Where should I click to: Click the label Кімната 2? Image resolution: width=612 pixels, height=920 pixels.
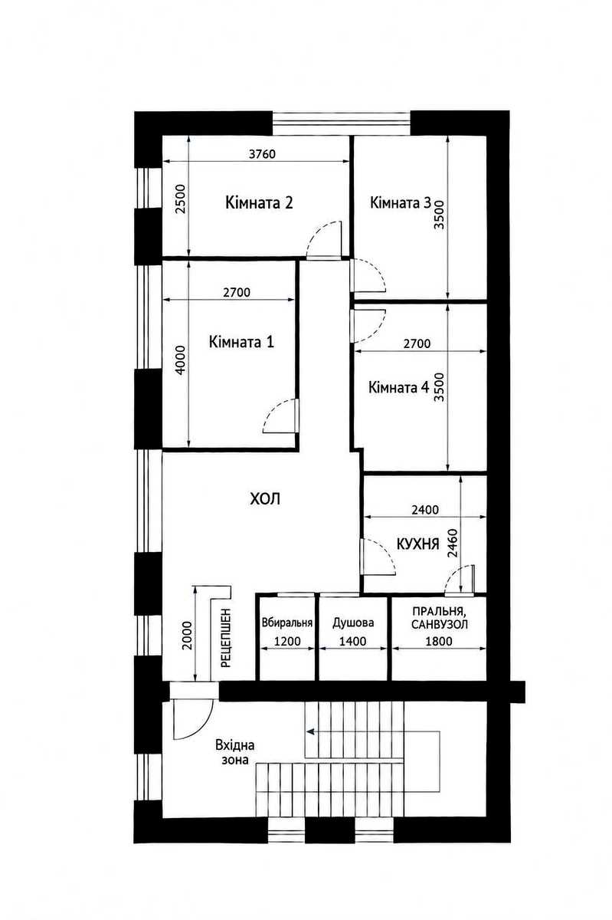[x=259, y=202]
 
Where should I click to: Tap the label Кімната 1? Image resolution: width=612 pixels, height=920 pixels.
[x=241, y=342]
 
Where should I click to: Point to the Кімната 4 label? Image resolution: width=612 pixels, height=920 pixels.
[x=398, y=387]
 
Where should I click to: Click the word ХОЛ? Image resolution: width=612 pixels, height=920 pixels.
[x=265, y=498]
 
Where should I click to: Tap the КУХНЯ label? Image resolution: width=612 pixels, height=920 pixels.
[x=417, y=544]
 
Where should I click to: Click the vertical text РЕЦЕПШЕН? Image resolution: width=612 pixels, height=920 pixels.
[x=226, y=637]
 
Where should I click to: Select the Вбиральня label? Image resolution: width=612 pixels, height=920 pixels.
[x=287, y=623]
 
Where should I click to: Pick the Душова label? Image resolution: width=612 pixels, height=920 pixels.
[x=353, y=623]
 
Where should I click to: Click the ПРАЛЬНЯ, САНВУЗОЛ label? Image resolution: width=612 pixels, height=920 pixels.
[x=439, y=618]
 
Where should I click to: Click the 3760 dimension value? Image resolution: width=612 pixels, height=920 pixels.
[x=262, y=154]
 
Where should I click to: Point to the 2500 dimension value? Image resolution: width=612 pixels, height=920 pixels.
[x=181, y=199]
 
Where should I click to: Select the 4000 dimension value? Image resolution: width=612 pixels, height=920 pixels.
[x=181, y=360]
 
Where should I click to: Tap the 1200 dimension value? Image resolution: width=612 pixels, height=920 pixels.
[x=287, y=641]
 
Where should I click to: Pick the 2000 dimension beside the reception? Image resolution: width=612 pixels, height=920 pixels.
[x=187, y=635]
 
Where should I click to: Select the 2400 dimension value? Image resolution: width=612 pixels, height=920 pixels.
[x=425, y=510]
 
